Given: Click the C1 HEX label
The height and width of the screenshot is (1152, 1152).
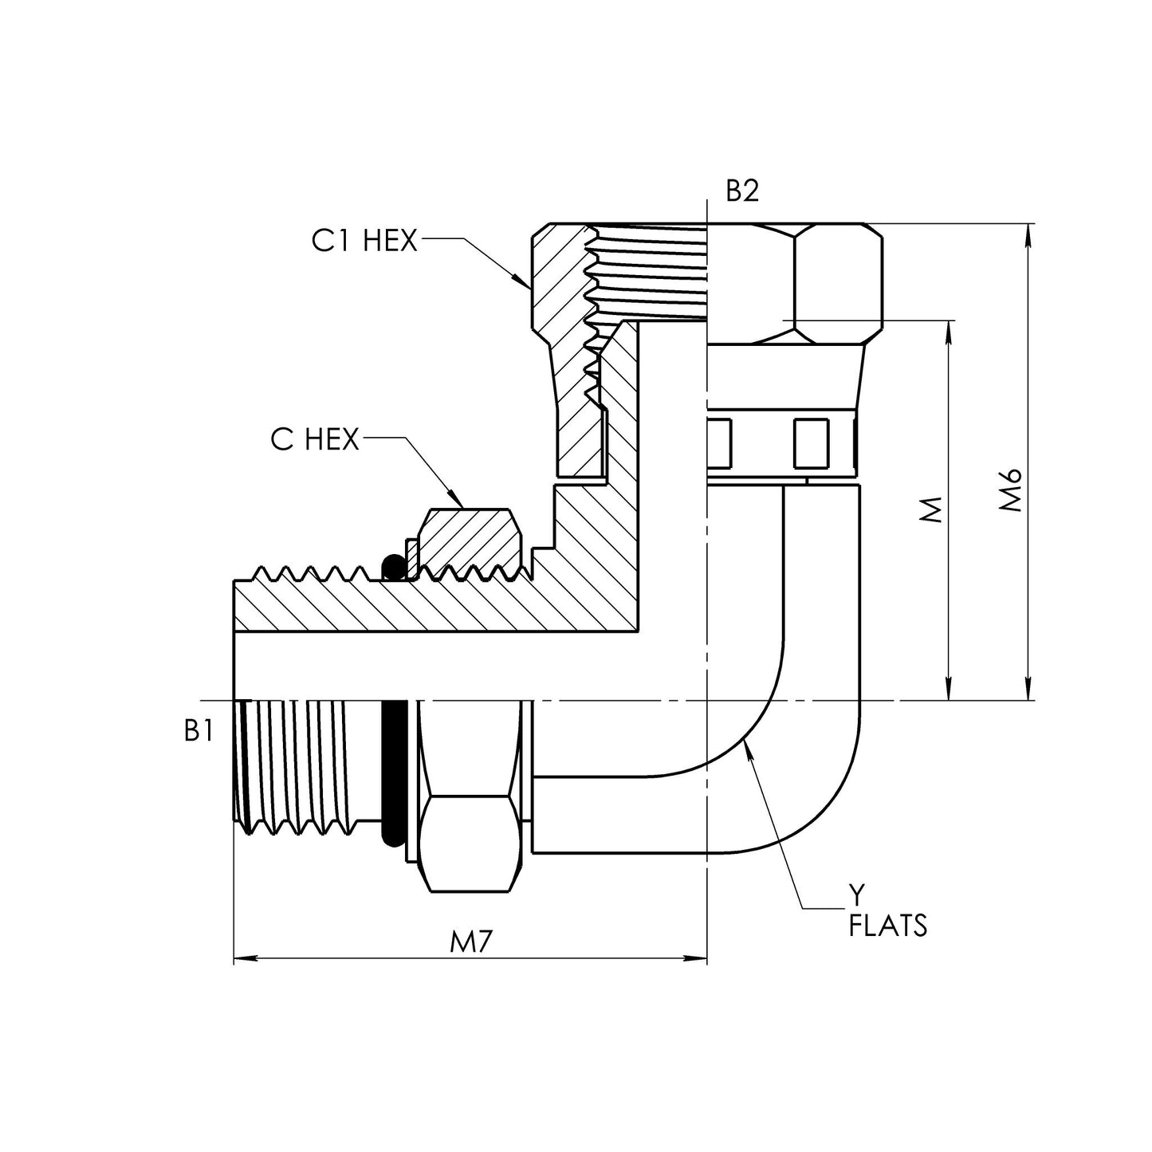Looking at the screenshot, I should click(364, 241).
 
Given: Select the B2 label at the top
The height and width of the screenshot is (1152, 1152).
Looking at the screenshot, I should click(742, 191).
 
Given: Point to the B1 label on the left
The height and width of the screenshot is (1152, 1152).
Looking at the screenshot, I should click(198, 730).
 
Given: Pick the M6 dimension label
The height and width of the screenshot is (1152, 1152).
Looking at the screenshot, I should click(1010, 490).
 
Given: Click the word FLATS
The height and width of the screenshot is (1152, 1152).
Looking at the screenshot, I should click(888, 926).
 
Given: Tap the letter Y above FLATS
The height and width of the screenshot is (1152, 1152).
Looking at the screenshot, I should click(855, 897).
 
